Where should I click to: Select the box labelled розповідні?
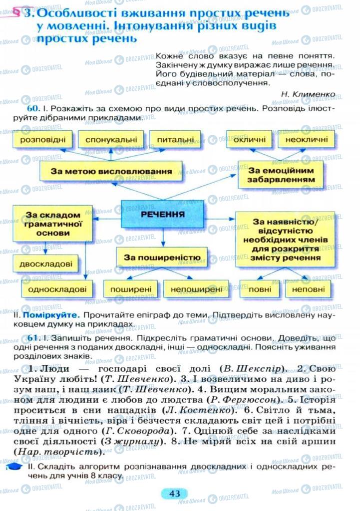tap(43, 139)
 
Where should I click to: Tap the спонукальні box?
tap(111, 139)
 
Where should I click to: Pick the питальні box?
tap(175, 139)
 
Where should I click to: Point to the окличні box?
tap(249, 139)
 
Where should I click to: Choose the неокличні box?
tap(307, 139)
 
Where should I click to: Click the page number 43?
tap(174, 494)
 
